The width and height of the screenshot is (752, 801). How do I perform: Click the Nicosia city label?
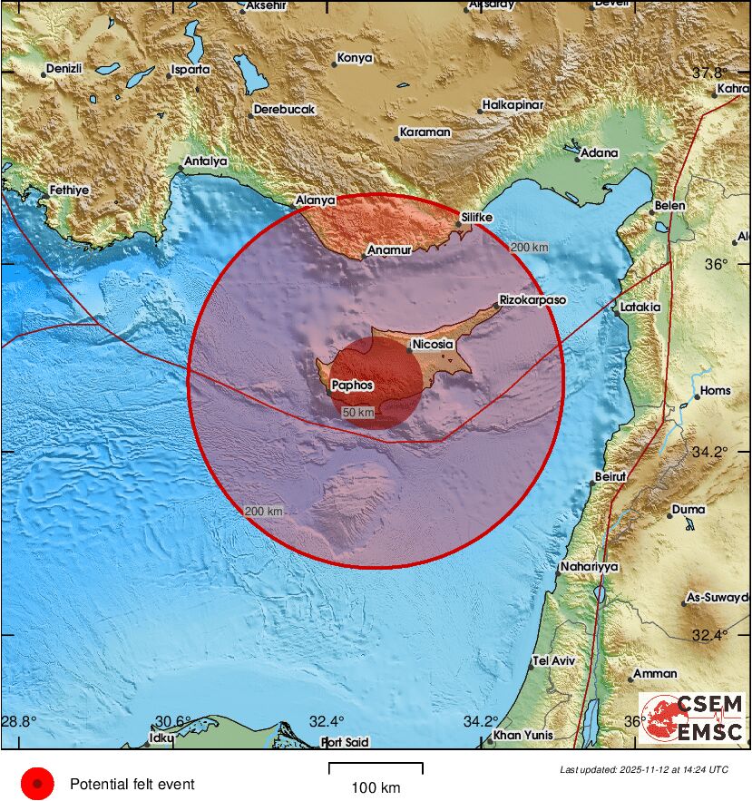tap(432, 345)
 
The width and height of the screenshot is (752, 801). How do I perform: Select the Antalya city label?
tap(205, 162)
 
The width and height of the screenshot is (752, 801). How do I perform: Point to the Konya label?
tap(355, 58)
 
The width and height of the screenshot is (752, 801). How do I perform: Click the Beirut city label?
tap(610, 476)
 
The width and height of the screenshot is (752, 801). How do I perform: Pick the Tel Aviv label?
tap(554, 660)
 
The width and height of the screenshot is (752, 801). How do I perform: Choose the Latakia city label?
tap(640, 308)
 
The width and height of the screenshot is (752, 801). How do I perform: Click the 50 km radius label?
tap(358, 413)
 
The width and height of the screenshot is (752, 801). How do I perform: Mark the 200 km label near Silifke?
tap(531, 247)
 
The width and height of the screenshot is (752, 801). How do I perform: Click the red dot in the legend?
tap(37, 784)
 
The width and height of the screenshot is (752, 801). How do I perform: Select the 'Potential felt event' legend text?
tap(132, 784)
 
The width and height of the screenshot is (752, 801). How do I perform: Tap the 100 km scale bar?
tap(376, 769)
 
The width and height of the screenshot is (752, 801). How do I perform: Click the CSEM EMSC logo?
tap(692, 718)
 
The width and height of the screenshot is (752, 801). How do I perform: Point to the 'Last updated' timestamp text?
tap(644, 769)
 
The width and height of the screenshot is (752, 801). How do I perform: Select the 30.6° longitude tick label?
tap(172, 722)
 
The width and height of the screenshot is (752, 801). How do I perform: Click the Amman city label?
tap(655, 674)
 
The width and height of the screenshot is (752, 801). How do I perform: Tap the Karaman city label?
tap(425, 132)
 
